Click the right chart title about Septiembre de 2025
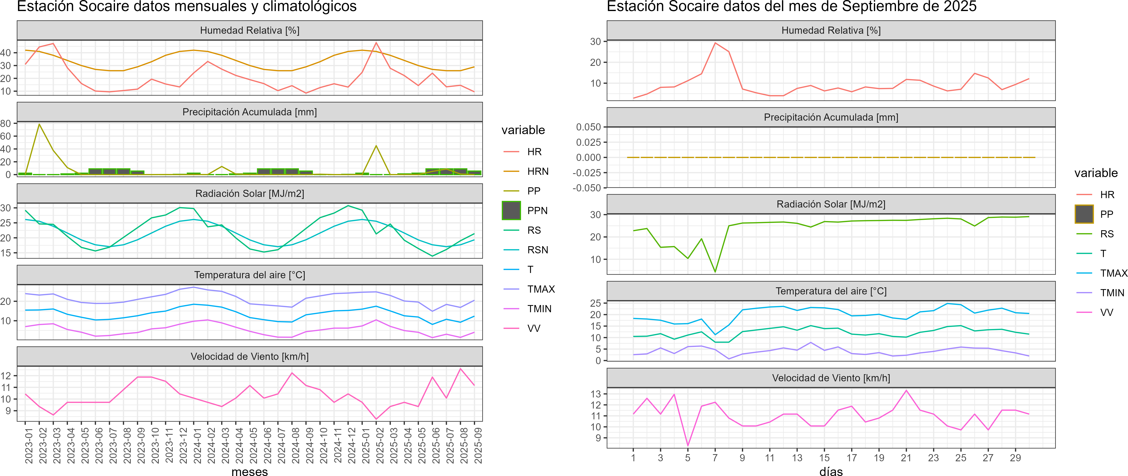tap(791, 7)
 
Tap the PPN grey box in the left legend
tap(511, 210)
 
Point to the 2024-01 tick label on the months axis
tap(197, 445)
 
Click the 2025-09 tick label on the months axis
tap(478, 445)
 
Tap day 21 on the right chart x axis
tap(906, 458)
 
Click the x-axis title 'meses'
tap(250, 471)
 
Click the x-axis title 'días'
tap(831, 471)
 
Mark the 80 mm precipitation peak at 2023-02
tap(39, 124)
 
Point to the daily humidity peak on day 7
tap(715, 43)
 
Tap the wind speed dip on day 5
tap(688, 445)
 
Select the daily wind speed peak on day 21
tap(906, 390)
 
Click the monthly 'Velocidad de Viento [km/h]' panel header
tap(250, 357)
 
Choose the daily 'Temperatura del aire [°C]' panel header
tap(831, 291)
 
